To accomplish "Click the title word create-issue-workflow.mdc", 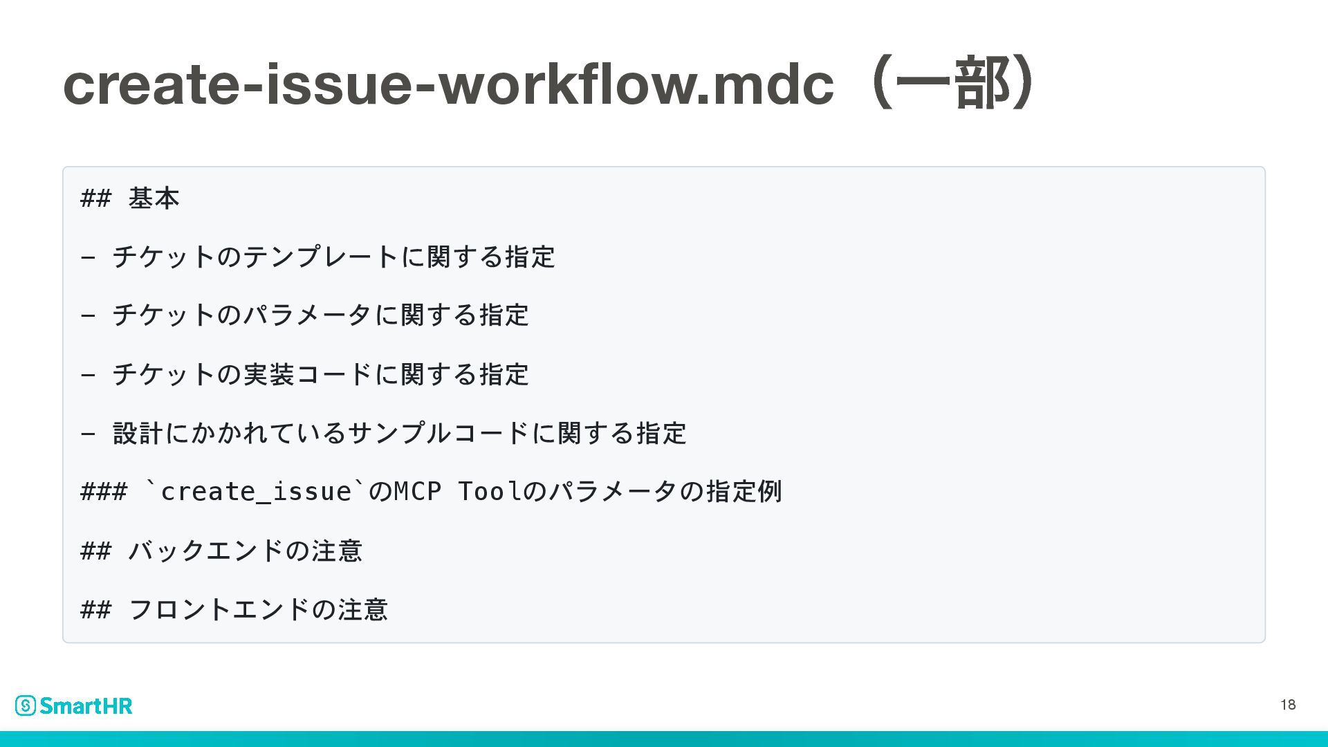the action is coord(448,84).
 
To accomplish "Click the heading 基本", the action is coord(154,199).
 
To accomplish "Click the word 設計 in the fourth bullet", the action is coord(138,434).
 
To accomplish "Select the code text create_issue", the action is coord(255,492).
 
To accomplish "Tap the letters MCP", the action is coord(417,492).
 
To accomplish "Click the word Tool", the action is coord(490,492).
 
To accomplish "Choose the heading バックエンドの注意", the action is coord(245,551).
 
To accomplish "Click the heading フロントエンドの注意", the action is coord(258,610).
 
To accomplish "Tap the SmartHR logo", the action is coord(74,705).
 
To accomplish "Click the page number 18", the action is coord(1288,705).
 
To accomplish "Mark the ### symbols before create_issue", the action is coord(104,492).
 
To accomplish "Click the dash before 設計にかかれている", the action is coord(88,434).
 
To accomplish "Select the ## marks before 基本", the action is coord(95,199).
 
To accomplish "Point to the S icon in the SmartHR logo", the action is coord(26,705).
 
